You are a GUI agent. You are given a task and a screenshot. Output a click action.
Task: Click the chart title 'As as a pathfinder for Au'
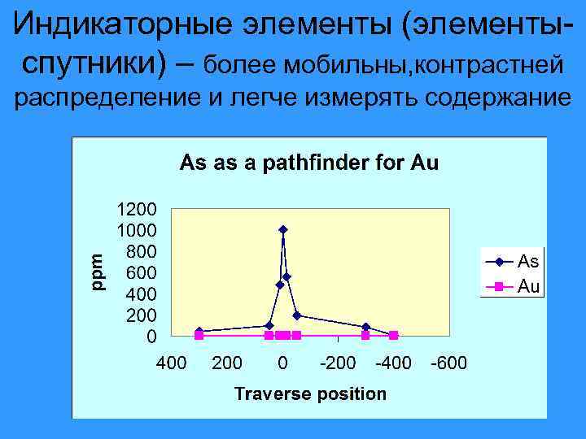point(308,163)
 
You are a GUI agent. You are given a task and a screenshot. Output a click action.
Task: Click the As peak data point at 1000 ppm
point(282,230)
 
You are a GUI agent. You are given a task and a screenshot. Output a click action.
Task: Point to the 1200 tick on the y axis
point(138,208)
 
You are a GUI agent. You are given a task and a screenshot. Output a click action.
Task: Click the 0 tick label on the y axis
point(151,336)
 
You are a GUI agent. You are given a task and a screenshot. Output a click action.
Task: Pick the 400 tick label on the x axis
point(171,363)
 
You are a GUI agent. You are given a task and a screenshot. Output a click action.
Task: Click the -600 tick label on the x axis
point(448,363)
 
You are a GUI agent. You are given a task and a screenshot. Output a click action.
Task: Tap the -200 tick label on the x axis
point(337,363)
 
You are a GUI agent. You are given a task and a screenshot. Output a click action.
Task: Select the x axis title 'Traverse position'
point(310,394)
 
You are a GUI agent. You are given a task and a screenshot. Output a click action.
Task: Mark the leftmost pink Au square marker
point(199,335)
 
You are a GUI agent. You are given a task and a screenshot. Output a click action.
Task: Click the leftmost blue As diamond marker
point(199,331)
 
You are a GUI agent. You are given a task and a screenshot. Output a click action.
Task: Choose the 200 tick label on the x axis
point(227,363)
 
